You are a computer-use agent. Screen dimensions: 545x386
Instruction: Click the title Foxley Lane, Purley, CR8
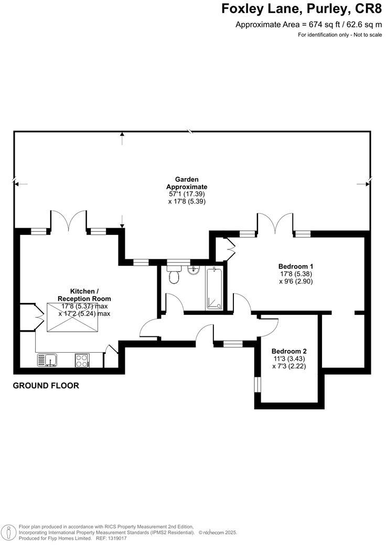303,9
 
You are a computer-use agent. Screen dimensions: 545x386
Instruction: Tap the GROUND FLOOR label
46,386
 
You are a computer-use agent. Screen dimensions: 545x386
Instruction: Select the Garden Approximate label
187,183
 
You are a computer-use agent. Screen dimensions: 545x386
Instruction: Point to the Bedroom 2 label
289,351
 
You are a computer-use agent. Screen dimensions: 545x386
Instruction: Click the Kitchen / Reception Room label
84,295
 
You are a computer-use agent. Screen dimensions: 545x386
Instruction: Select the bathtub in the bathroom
215,288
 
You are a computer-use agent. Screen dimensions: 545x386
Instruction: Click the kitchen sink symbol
47,360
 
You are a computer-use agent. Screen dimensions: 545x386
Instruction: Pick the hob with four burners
82,360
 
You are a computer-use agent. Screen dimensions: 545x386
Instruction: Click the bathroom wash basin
193,270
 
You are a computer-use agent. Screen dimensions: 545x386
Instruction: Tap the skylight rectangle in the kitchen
73,318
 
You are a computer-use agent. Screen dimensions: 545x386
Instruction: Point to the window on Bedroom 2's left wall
257,384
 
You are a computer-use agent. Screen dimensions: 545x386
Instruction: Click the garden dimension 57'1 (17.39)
187,194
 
